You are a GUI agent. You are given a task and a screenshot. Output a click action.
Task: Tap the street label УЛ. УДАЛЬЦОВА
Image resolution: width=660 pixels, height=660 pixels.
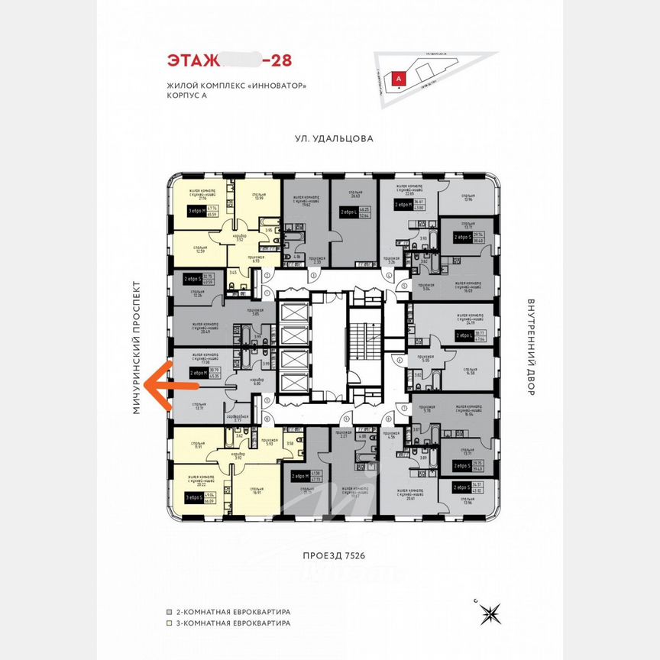coord(335,139)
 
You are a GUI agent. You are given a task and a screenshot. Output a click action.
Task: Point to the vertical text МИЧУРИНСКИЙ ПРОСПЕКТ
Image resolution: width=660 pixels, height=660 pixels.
coord(138,348)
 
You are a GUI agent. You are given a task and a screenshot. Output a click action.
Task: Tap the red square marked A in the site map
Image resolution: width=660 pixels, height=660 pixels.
coord(398,78)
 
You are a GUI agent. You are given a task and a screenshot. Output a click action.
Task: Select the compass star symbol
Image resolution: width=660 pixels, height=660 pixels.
coord(490,613)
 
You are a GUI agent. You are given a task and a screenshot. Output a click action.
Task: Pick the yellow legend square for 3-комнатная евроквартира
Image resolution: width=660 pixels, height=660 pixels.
coord(170,623)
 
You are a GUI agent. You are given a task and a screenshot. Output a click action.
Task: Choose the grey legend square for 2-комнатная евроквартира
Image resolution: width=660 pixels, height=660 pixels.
coord(170,612)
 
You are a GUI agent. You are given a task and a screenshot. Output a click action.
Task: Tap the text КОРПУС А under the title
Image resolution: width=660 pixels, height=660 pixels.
coord(186,95)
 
